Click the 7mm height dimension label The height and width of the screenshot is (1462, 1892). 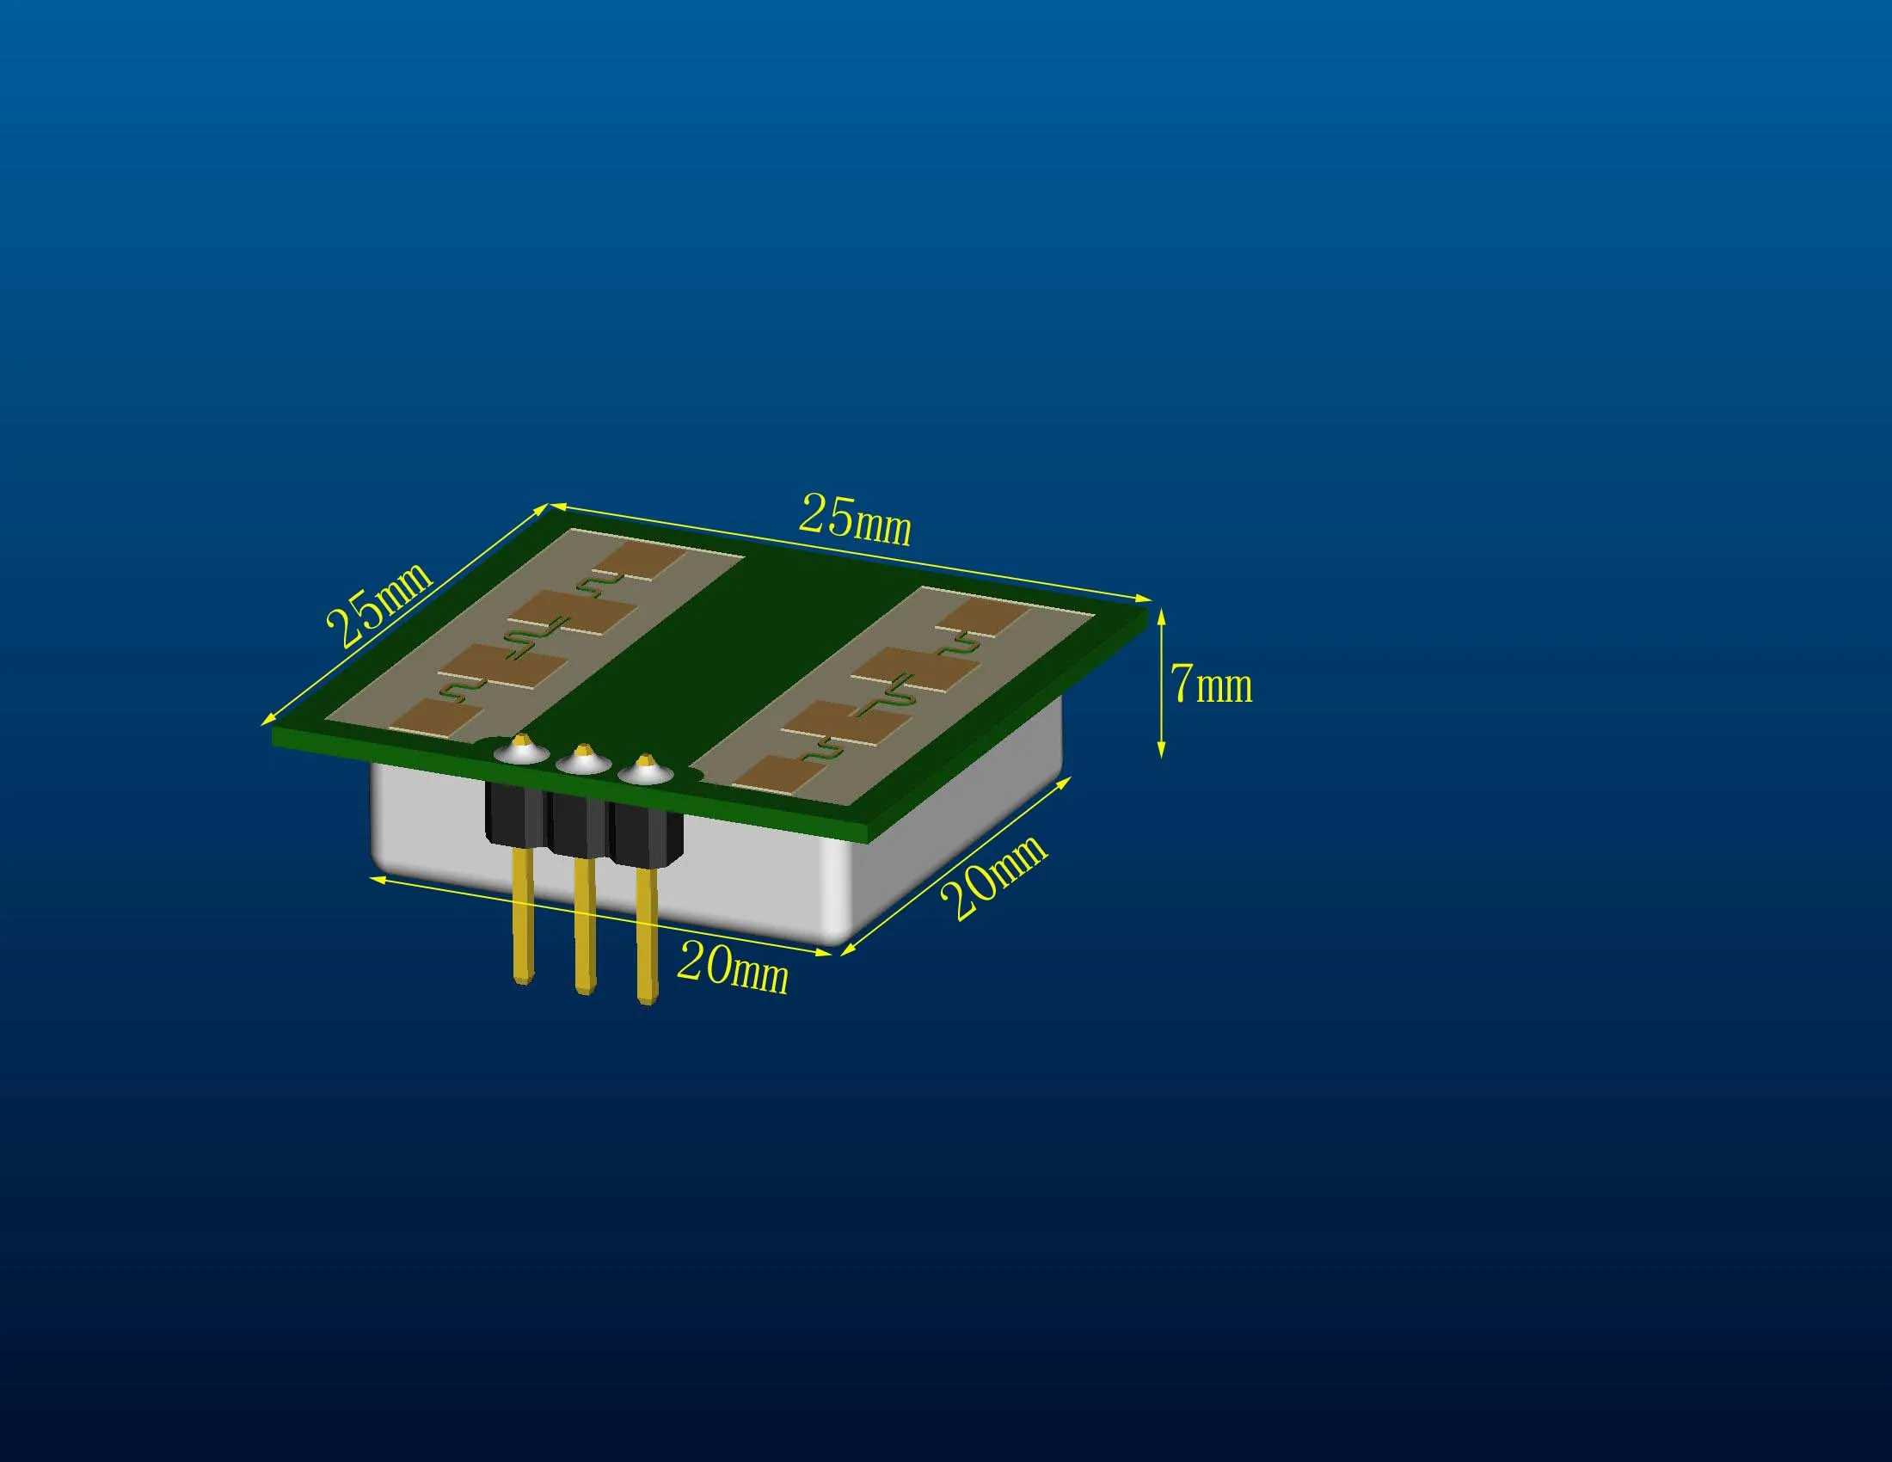click(1211, 685)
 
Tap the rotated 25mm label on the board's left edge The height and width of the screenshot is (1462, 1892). click(378, 604)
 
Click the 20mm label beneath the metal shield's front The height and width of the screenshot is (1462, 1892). click(732, 967)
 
